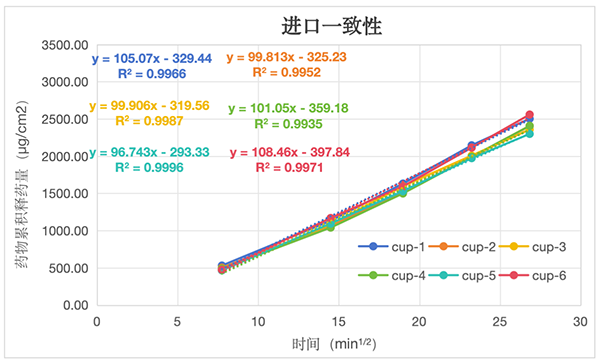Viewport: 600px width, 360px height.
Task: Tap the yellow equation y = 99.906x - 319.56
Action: pos(154,106)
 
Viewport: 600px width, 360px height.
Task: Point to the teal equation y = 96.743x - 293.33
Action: pos(156,153)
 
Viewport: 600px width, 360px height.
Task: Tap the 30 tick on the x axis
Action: pos(580,322)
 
